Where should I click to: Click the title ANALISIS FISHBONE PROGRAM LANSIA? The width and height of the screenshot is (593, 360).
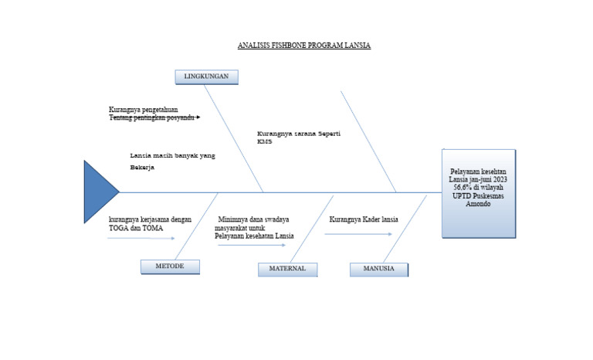pyautogui.click(x=304, y=46)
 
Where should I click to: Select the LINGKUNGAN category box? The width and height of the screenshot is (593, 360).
pyautogui.click(x=206, y=76)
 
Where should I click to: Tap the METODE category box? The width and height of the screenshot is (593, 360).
pyautogui.click(x=170, y=267)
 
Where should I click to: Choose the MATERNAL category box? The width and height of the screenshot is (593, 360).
pyautogui.click(x=287, y=269)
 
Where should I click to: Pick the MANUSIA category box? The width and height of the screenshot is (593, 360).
pyautogui.click(x=378, y=269)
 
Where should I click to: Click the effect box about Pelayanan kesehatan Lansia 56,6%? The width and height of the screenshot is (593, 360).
pyautogui.click(x=478, y=193)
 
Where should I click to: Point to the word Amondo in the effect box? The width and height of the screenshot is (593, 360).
pyautogui.click(x=478, y=205)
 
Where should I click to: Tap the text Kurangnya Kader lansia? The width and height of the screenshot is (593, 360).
pyautogui.click(x=364, y=219)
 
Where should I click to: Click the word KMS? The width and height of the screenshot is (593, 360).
pyautogui.click(x=265, y=141)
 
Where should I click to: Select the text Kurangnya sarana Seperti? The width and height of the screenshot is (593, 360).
pyautogui.click(x=299, y=134)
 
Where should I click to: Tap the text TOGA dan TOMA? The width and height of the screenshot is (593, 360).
pyautogui.click(x=130, y=228)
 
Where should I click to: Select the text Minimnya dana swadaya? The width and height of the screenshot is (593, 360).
pyautogui.click(x=253, y=219)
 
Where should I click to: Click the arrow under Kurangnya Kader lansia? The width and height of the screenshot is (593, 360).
pyautogui.click(x=347, y=233)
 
